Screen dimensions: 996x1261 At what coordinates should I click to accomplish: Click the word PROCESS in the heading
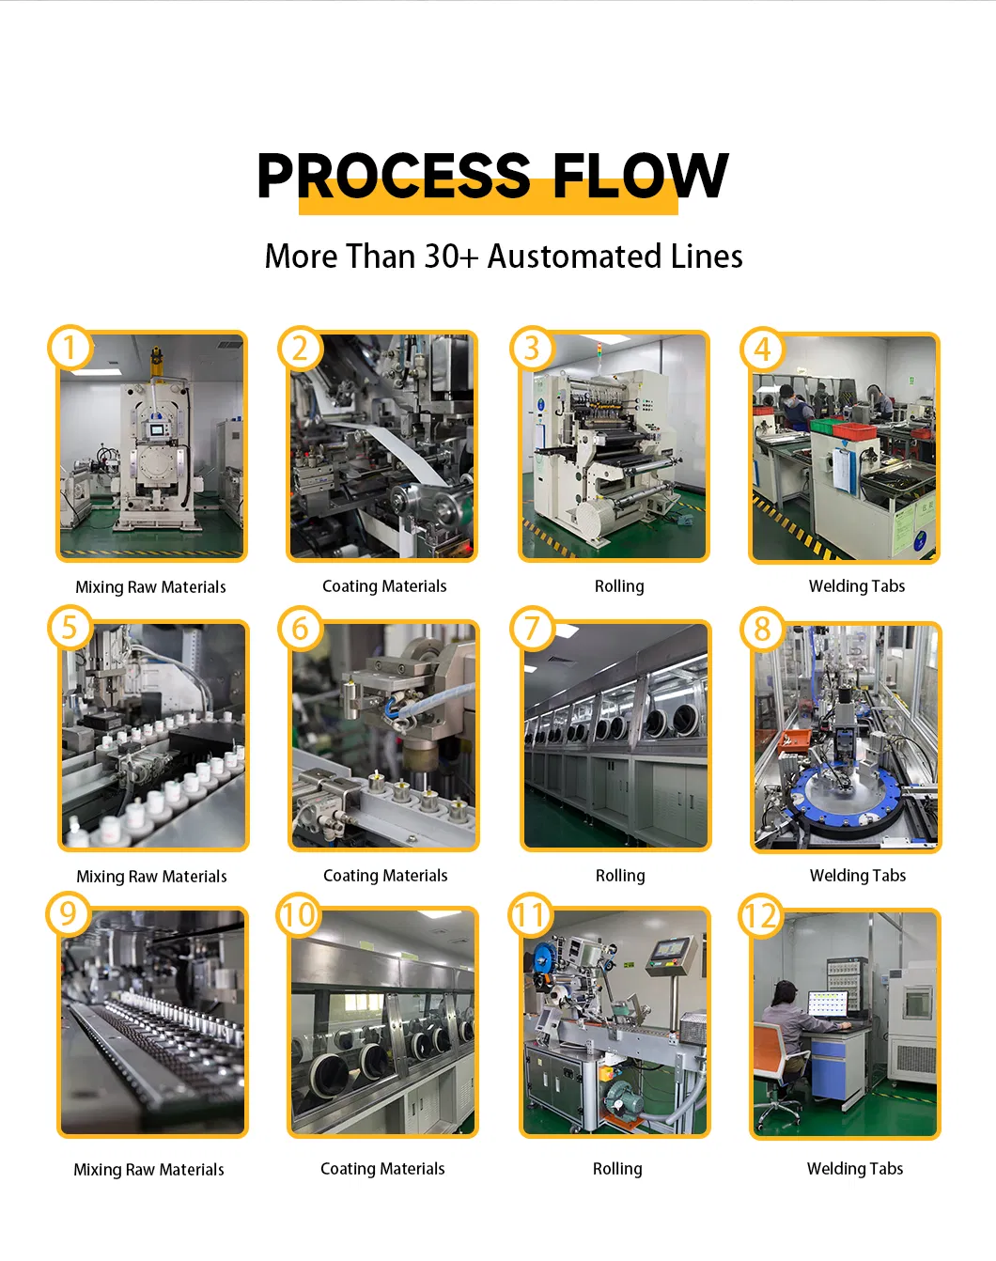[x=394, y=175]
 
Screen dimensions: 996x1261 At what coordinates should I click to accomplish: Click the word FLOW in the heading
[x=641, y=175]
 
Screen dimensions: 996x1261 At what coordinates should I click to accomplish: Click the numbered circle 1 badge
[x=70, y=348]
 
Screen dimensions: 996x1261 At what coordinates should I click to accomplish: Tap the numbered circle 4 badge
[x=762, y=350]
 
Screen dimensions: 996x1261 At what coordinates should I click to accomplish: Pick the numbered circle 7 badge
[x=532, y=629]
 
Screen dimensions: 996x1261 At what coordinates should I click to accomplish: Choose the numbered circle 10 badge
[x=299, y=914]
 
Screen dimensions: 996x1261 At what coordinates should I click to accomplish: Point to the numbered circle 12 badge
[x=761, y=916]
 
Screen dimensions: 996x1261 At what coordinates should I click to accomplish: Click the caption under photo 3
[x=619, y=586]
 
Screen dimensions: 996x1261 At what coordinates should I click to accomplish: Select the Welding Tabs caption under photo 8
[x=858, y=876]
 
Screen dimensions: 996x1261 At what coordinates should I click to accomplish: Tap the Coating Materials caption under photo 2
[x=384, y=586]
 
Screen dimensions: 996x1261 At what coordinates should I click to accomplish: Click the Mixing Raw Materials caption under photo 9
[x=148, y=1170]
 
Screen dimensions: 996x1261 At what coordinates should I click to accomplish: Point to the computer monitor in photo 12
[x=827, y=1004]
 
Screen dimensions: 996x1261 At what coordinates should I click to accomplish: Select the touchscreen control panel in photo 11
[x=671, y=950]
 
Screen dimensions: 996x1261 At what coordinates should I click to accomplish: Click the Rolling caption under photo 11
[x=617, y=1168]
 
